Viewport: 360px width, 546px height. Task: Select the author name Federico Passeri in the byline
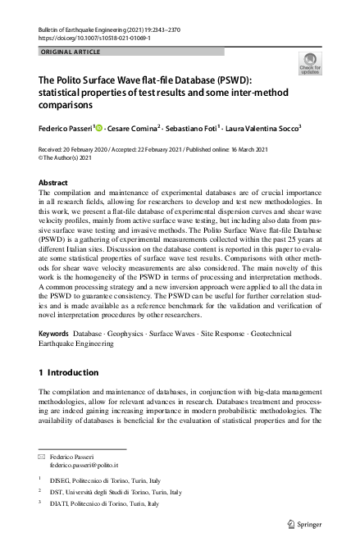pyautogui.click(x=66, y=128)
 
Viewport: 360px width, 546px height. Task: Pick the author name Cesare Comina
pyautogui.click(x=137, y=128)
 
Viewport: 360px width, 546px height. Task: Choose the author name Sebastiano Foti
pyautogui.click(x=202, y=128)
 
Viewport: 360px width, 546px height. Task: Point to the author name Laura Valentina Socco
pyautogui.click(x=267, y=128)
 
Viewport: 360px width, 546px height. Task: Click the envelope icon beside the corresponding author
pyautogui.click(x=42, y=455)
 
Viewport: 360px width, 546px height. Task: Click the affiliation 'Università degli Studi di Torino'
pyautogui.click(x=115, y=492)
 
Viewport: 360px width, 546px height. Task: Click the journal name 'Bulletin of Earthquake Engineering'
pyautogui.click(x=88, y=29)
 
